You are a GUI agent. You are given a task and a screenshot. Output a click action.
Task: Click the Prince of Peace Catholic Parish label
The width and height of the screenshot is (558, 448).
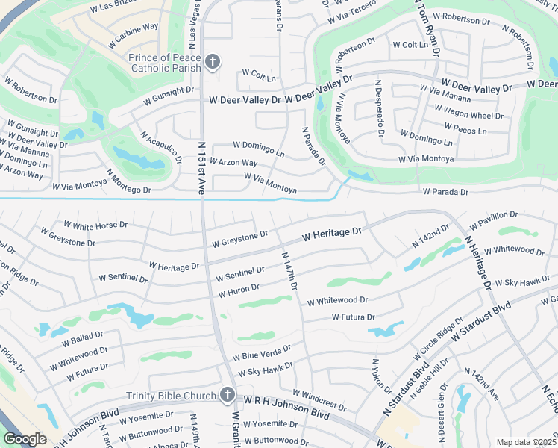click(155, 63)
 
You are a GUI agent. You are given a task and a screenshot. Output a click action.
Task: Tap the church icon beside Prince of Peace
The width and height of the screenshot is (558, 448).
click(213, 62)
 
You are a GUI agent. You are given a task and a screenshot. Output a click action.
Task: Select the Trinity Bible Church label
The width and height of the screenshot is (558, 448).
click(172, 396)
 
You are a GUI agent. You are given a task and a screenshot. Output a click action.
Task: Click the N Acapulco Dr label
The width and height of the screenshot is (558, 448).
click(161, 147)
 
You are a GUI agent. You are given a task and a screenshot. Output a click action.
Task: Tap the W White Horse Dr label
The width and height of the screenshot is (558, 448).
click(95, 225)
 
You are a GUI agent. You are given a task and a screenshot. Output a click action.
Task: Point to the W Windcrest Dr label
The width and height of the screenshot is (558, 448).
click(319, 400)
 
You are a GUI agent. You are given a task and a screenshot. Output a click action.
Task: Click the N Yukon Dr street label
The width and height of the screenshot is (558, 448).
click(381, 376)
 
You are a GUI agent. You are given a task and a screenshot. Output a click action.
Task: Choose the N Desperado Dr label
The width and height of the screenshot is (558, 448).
click(379, 109)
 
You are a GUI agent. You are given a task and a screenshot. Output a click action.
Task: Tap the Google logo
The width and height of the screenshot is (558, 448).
click(25, 438)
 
